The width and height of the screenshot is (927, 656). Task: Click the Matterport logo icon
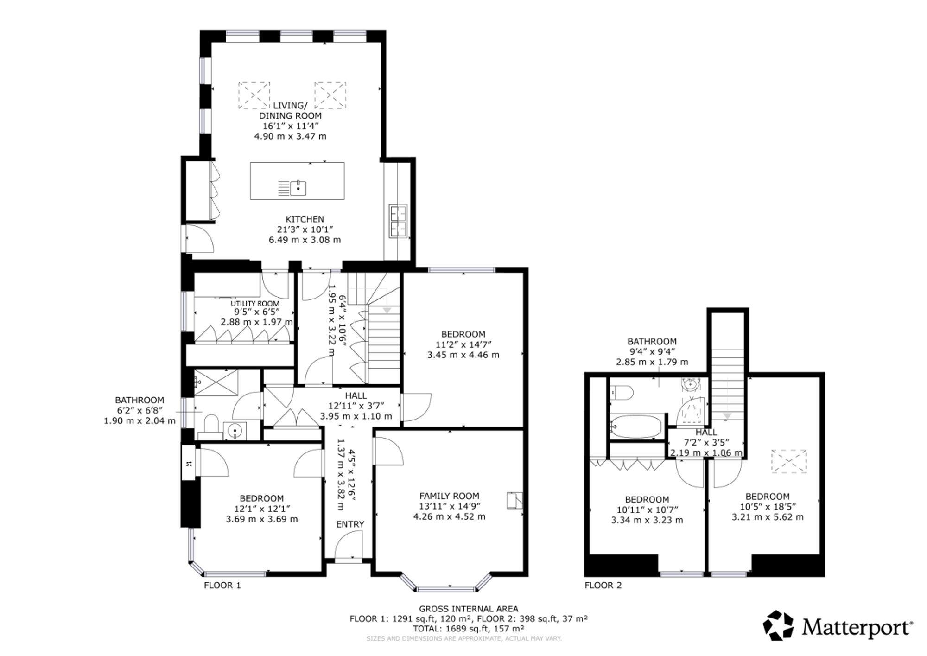[x=779, y=625]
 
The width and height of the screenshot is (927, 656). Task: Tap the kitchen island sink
[x=298, y=187]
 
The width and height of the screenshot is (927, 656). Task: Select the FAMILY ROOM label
[x=449, y=496]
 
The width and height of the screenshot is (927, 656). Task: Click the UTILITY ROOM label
[x=255, y=304]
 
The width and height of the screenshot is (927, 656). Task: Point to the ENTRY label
[x=350, y=524]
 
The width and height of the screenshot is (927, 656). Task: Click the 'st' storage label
[x=189, y=463]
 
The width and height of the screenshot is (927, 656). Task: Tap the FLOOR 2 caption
[x=603, y=585]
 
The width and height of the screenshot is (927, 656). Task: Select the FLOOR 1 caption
[x=222, y=585]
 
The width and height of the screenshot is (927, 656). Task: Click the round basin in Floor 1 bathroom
[x=235, y=431]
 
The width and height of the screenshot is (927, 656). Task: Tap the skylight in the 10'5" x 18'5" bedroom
[x=789, y=461]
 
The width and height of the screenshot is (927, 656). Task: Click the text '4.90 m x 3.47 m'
[x=290, y=136]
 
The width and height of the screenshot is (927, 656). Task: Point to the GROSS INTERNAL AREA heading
[x=469, y=609]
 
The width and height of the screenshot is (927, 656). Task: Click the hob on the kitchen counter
[x=399, y=221]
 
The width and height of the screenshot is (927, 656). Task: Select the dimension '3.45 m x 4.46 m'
[x=463, y=355]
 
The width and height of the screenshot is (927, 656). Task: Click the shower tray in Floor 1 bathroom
[x=216, y=382]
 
